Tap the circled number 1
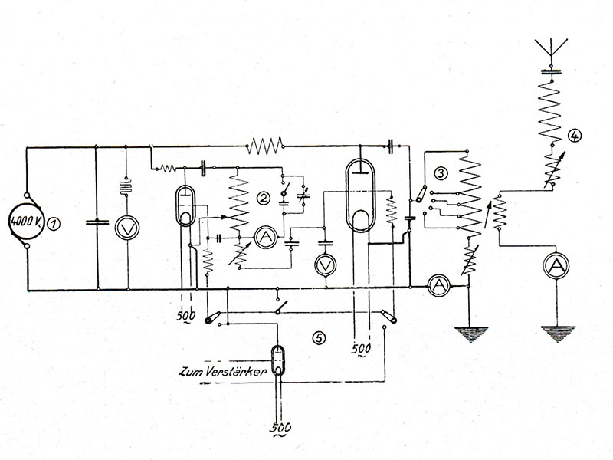point(53,225)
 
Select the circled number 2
point(264,198)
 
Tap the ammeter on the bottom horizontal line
point(437,284)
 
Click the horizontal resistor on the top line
point(264,143)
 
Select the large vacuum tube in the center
point(359,195)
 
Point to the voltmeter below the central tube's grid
point(325,264)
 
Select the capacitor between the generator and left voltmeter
point(95,224)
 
